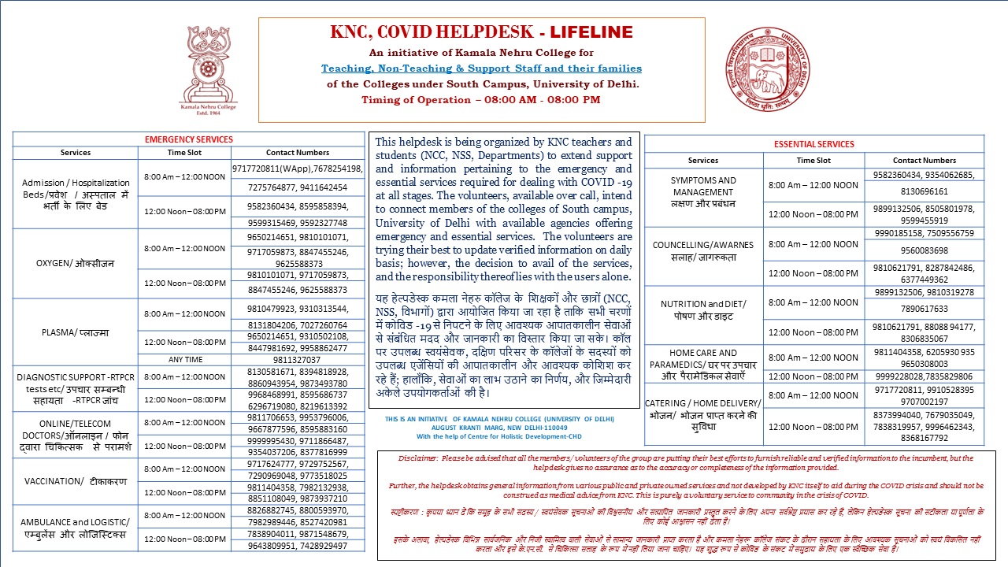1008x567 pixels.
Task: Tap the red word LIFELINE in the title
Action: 591,32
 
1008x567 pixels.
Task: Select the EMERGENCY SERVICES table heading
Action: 189,139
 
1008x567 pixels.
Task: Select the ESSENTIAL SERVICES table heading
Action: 813,144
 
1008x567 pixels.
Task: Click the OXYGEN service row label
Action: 76,264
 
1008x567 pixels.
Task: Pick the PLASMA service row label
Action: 76,332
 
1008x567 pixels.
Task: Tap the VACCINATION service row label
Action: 76,481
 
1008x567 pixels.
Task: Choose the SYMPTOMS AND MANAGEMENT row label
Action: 703,191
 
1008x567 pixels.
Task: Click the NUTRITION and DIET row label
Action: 703,309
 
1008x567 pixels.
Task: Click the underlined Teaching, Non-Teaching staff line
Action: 481,69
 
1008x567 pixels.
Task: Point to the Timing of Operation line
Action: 481,100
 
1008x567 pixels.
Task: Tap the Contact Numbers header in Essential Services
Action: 924,160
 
